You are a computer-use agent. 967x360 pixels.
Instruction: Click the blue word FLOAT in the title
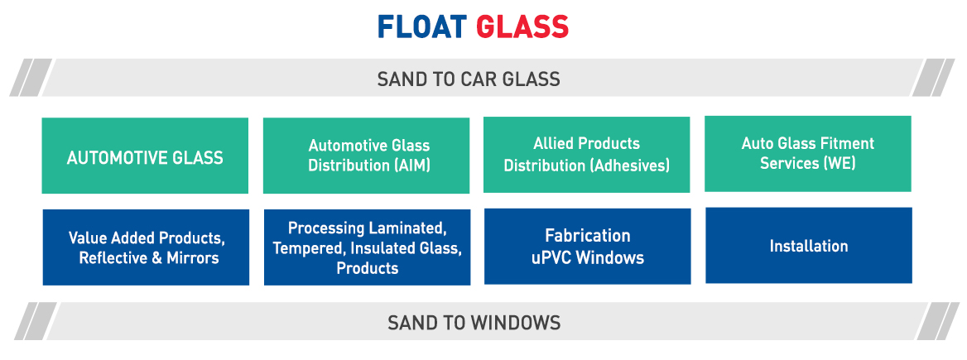422,26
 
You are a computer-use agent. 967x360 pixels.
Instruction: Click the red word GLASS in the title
522,26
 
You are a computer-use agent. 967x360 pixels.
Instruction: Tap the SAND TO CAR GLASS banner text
469,79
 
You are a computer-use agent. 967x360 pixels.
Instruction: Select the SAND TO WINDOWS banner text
474,323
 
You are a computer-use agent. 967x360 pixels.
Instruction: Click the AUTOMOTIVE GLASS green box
145,156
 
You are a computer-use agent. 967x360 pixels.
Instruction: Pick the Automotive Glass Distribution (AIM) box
366,156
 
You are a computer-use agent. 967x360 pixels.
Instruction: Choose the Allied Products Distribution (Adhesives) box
586,155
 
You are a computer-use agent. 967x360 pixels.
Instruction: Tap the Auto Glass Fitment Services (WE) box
808,153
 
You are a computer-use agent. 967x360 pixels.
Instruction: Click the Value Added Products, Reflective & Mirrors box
147,247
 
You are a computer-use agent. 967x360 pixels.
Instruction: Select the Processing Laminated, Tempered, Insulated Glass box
367,247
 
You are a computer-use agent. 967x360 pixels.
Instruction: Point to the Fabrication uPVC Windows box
588,246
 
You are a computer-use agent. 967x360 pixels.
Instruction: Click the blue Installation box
809,245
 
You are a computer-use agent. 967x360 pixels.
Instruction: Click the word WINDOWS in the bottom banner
516,323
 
